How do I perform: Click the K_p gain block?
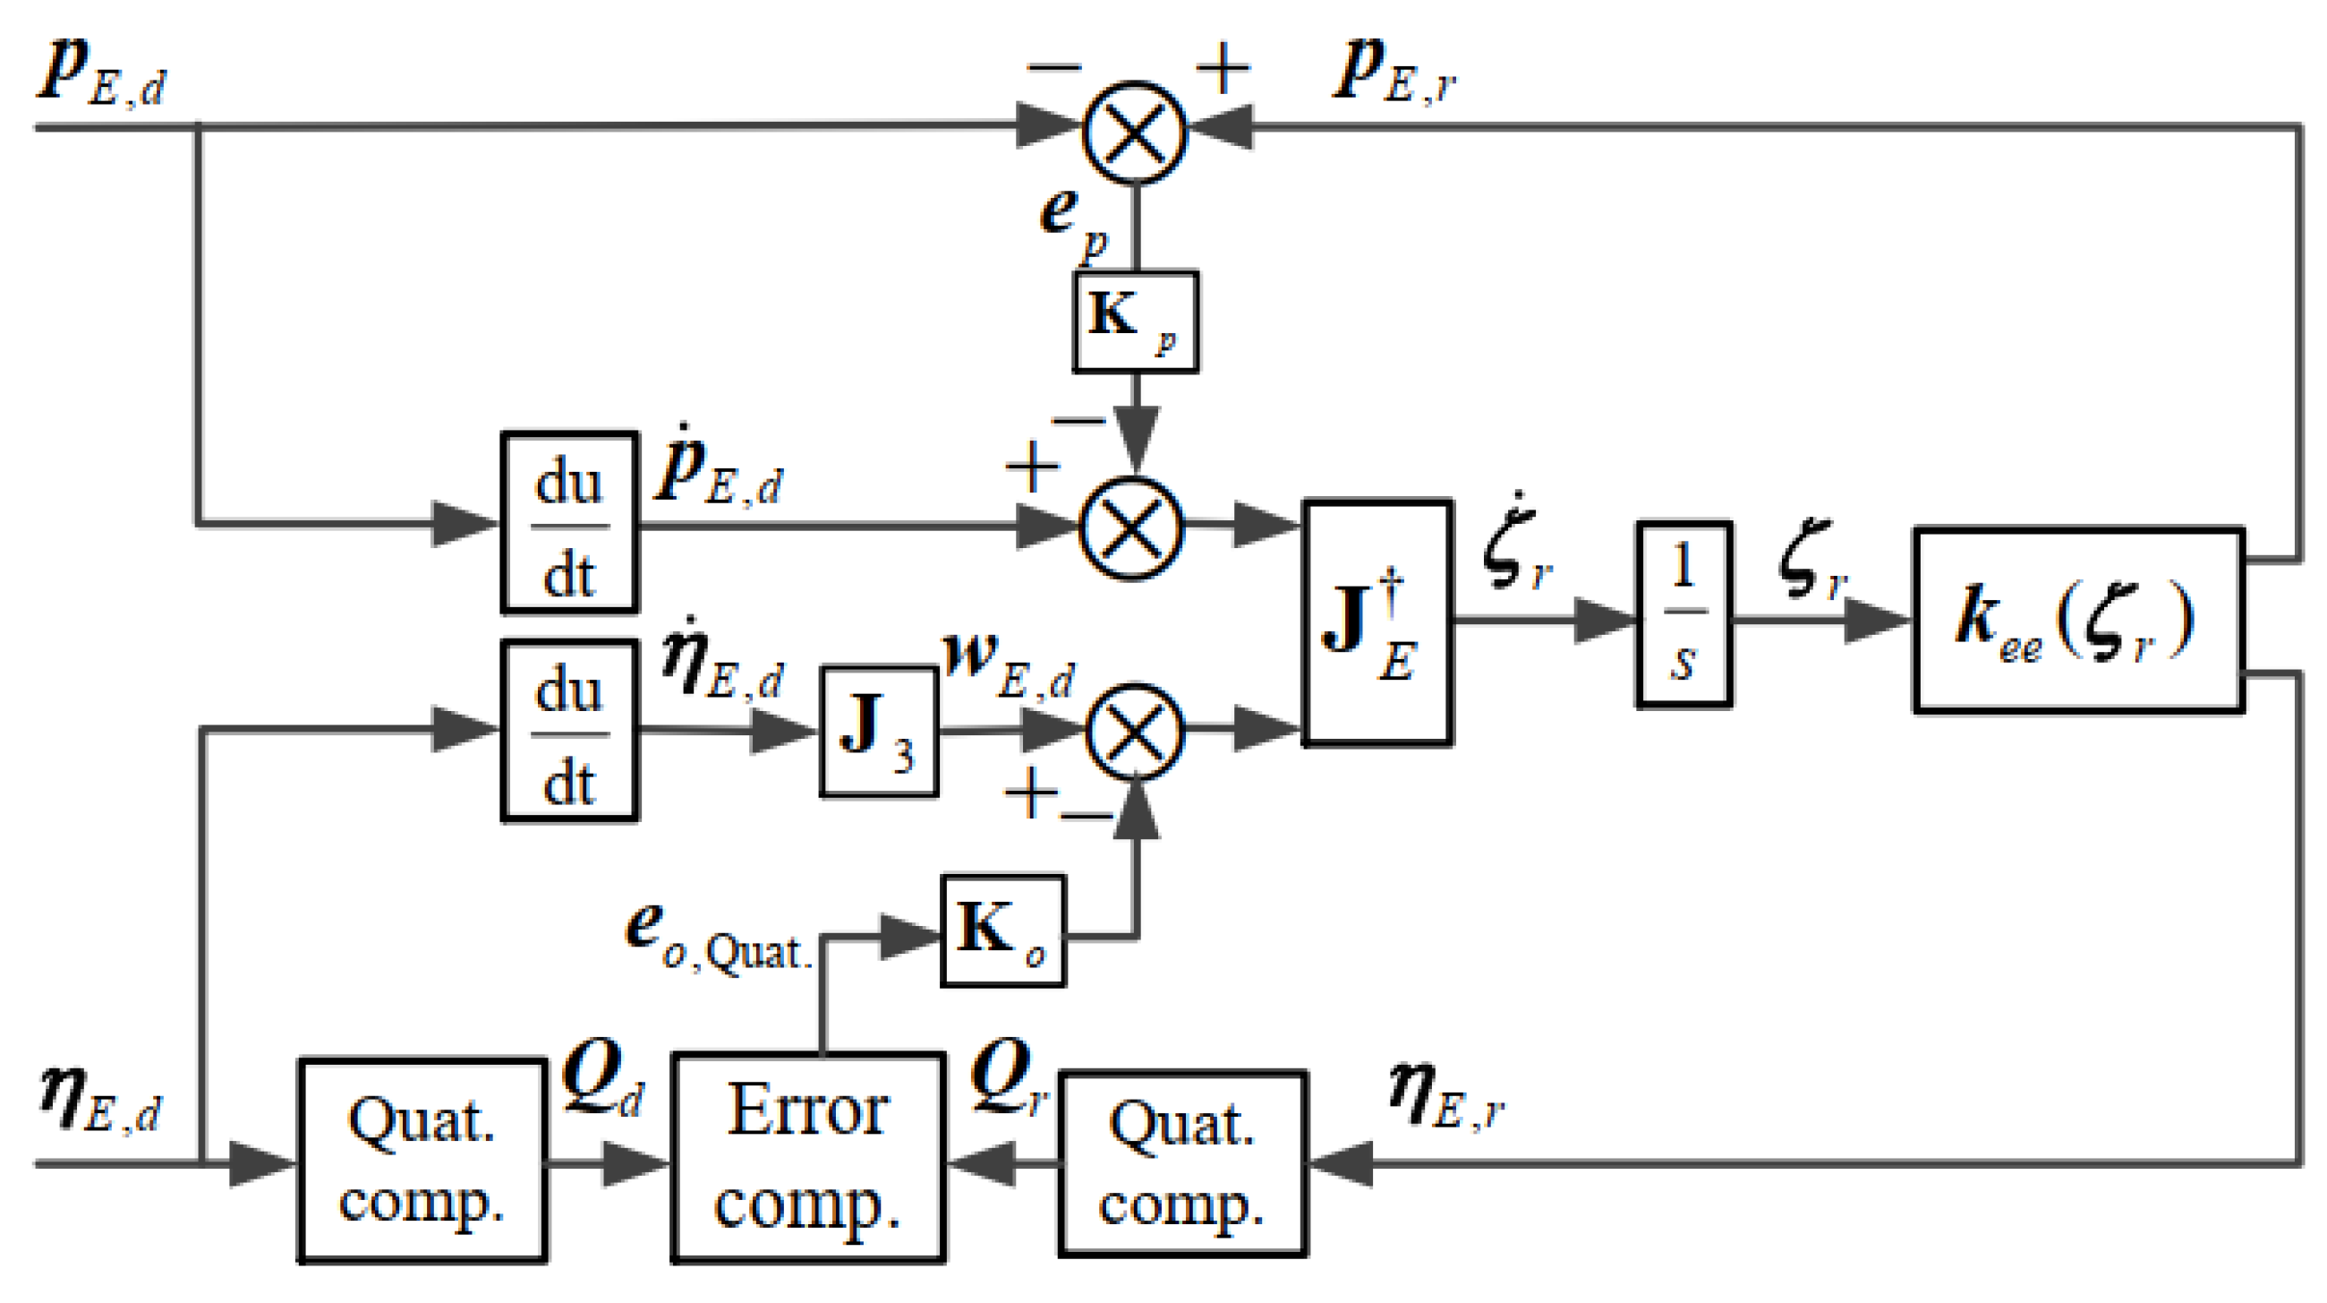1136,321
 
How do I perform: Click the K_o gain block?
1002,930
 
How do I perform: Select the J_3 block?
878,731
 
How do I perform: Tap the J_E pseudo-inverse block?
1377,621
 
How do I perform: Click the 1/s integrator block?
1683,614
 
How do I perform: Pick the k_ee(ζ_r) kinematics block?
2077,621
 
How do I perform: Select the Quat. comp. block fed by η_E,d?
421,1161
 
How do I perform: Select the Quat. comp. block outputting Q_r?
1181,1164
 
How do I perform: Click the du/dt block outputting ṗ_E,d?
569,523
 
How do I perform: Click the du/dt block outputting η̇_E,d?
569,730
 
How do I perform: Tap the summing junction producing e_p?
1134,132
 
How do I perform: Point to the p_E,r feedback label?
1395,73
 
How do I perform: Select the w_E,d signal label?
1007,664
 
